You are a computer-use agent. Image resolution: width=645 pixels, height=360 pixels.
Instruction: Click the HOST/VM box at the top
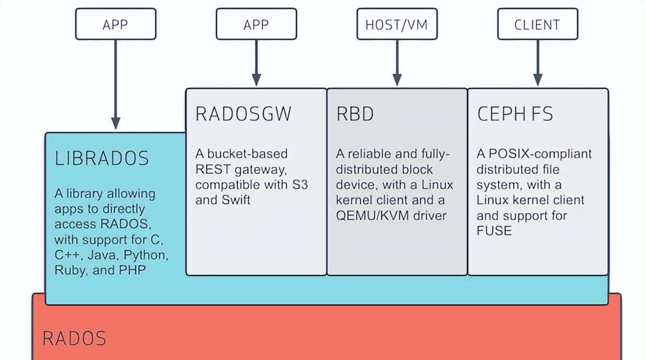[396, 25]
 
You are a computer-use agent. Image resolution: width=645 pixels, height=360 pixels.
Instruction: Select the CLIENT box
[537, 25]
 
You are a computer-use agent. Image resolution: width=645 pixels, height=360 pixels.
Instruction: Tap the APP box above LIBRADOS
[115, 25]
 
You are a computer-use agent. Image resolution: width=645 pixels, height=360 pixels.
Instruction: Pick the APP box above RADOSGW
[256, 25]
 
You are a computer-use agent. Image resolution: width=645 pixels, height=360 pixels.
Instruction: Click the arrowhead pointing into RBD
[397, 80]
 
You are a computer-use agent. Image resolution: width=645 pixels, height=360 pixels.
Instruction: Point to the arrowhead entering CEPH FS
[538, 80]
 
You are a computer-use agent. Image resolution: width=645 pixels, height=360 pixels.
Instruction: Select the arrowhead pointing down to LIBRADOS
[116, 123]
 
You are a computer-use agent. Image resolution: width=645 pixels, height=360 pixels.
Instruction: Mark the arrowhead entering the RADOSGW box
[257, 80]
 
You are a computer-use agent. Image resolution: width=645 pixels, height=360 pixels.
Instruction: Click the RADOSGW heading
[243, 114]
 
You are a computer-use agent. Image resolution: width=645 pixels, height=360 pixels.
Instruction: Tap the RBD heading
[355, 114]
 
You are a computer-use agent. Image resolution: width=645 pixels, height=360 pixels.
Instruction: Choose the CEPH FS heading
[515, 114]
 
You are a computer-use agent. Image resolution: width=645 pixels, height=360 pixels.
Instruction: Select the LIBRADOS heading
[102, 158]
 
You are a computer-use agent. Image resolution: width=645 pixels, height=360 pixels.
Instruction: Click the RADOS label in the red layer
[74, 338]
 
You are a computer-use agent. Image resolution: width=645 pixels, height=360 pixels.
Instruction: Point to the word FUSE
[494, 230]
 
